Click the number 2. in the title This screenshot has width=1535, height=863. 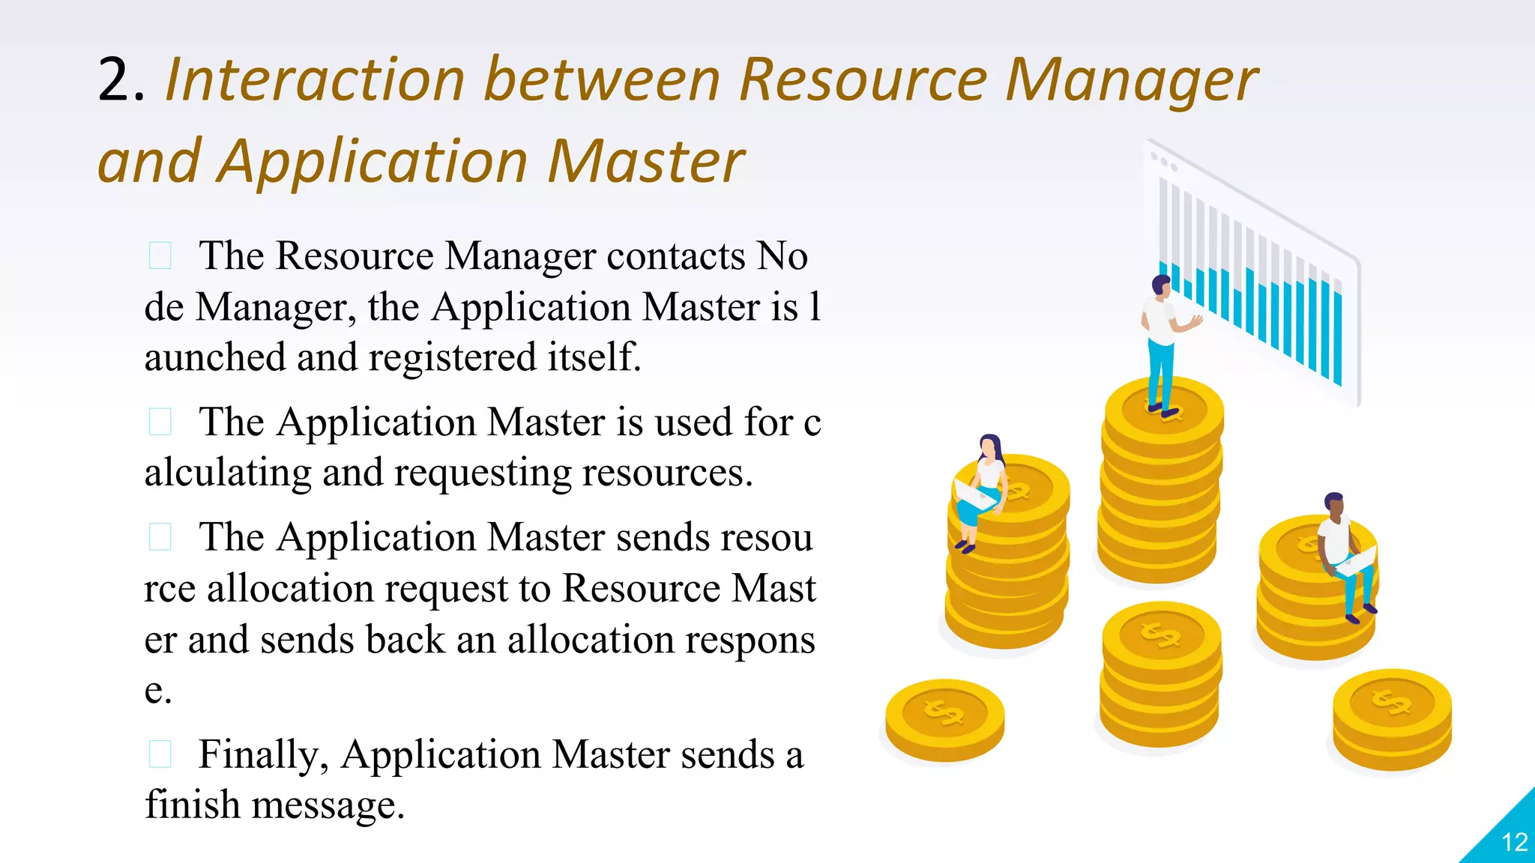120,80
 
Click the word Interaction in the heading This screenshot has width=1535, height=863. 315,80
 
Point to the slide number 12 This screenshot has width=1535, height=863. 1515,843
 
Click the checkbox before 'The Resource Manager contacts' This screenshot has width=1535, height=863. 160,255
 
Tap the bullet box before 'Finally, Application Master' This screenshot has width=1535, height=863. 160,754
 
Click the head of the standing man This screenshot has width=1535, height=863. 1161,285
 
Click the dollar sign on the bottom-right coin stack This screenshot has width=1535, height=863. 1391,702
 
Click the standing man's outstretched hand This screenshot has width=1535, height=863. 1196,322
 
